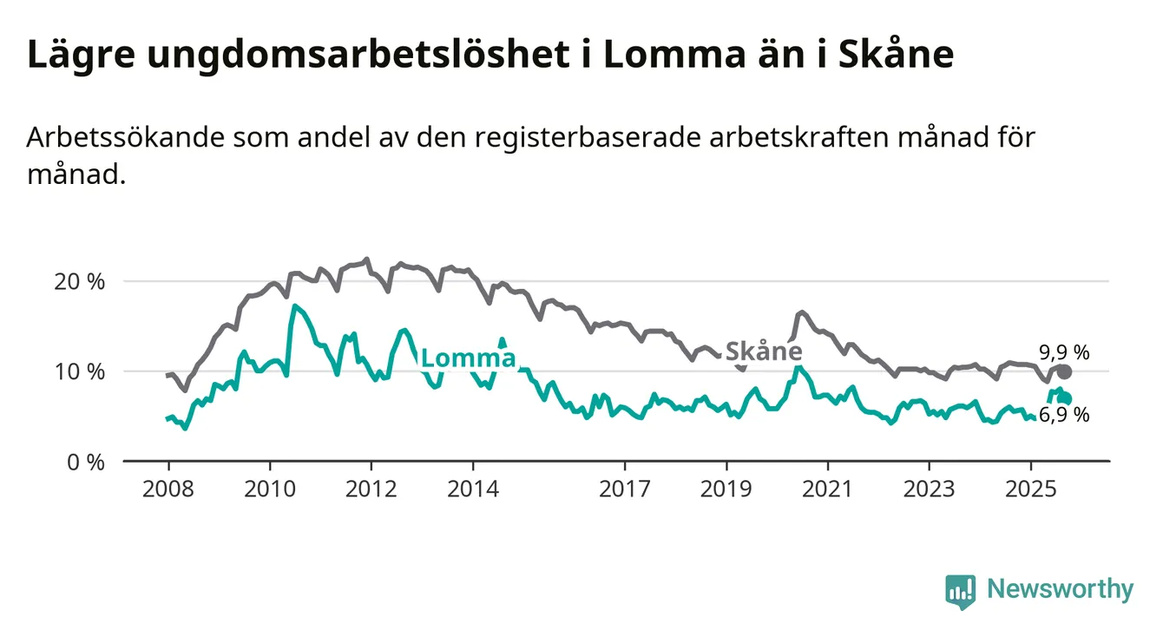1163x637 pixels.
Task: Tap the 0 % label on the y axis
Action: [86, 462]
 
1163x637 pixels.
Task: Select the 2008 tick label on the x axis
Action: [168, 488]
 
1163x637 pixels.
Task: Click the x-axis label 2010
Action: [269, 488]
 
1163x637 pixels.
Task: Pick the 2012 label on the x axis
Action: [371, 488]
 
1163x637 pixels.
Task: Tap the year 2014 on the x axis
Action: [473, 488]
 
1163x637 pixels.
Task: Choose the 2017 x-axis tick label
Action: [625, 488]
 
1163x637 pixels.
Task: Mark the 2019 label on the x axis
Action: [726, 488]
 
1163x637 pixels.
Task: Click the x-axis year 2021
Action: [827, 488]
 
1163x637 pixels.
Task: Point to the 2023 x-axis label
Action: [929, 488]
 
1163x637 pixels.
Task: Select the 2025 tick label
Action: [1030, 488]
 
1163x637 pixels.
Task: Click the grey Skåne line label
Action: [763, 351]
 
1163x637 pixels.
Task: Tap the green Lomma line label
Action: [468, 358]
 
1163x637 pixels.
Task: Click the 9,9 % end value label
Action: [1063, 352]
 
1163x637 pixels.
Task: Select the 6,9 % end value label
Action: [1063, 415]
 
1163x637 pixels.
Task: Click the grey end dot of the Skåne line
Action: [1064, 371]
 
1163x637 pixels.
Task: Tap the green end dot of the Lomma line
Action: [1065, 398]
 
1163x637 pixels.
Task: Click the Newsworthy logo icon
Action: [960, 591]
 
